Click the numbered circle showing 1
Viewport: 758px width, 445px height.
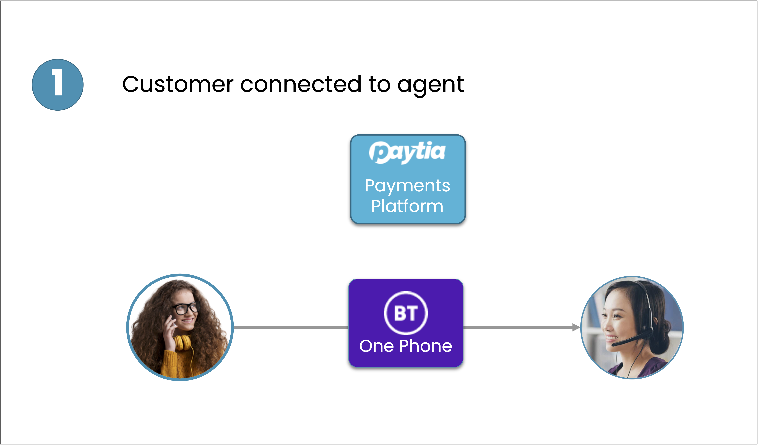[x=58, y=85]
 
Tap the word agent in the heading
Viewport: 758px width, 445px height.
[x=431, y=86]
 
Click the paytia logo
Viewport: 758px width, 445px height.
[x=407, y=152]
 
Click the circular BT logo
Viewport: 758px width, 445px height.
[x=406, y=313]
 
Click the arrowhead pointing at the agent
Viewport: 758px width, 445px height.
[x=576, y=327]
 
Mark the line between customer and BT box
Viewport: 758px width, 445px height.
[x=291, y=327]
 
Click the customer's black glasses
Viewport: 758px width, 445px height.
[x=185, y=308]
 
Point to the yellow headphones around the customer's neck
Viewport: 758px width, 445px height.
[x=183, y=343]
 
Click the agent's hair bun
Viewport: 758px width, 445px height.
[x=663, y=337]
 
